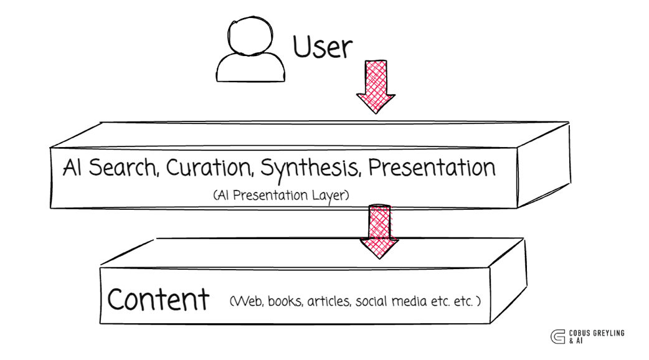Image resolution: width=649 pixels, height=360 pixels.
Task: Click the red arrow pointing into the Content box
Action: pos(379,231)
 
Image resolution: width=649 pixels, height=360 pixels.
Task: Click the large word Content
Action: pos(158,300)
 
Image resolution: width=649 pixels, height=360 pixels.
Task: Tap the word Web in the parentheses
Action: pos(246,302)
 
